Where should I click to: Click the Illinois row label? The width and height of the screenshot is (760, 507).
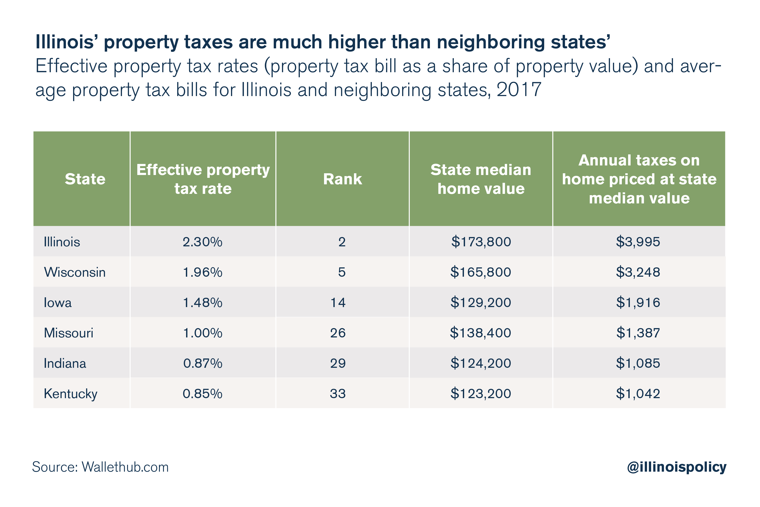(62, 242)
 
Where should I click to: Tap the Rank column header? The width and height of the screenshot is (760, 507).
(342, 179)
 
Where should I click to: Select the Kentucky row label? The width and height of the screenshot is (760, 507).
(70, 394)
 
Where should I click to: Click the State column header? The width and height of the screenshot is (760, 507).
(85, 179)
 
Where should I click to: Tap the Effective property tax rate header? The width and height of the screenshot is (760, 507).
(203, 179)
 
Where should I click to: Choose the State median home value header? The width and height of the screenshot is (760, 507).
(481, 179)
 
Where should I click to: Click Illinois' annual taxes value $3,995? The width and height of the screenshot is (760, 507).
(638, 242)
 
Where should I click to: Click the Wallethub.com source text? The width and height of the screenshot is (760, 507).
(125, 467)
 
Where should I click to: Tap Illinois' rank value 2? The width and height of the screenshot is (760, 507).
(342, 242)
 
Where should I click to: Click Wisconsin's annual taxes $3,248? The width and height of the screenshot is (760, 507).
(638, 272)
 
